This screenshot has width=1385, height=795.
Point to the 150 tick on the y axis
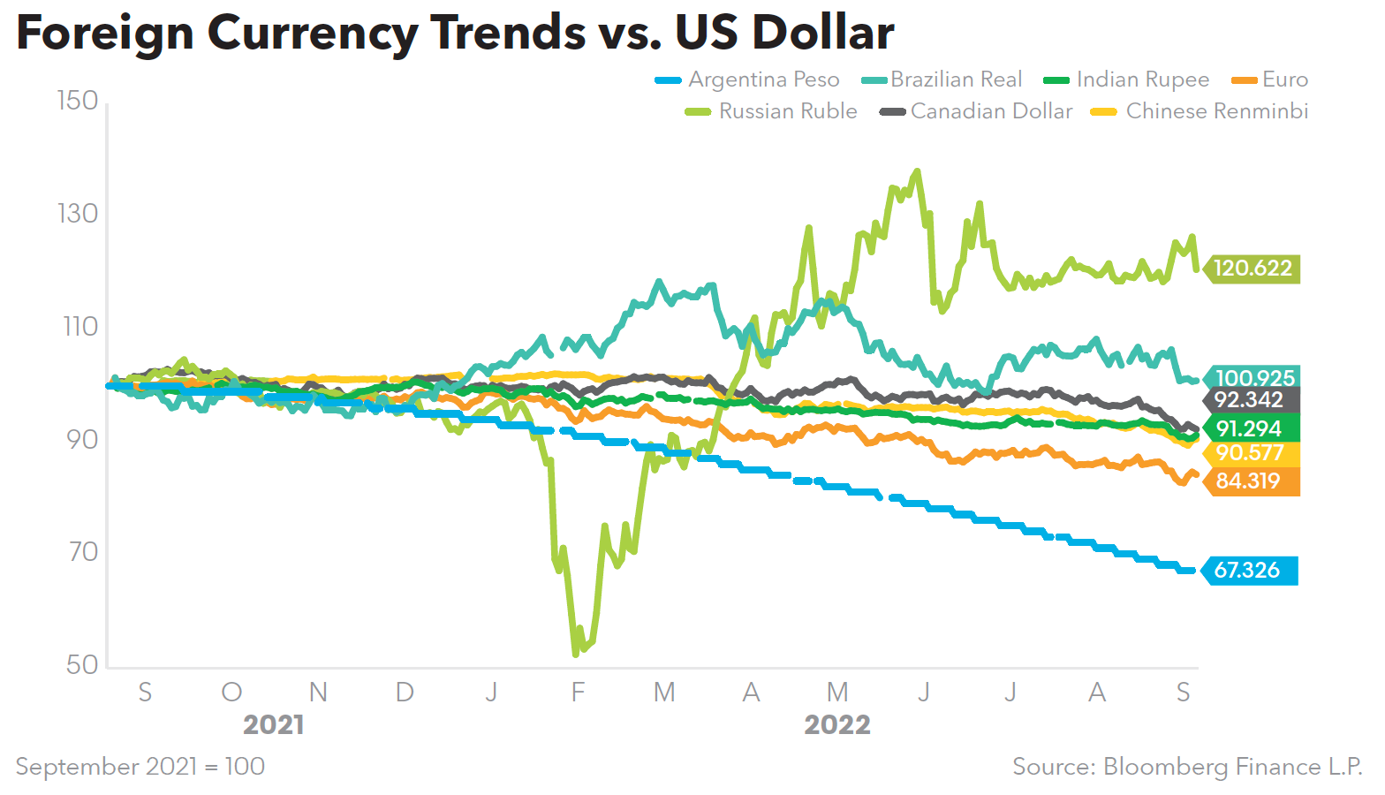(78, 101)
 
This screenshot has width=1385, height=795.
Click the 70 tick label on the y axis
(81, 552)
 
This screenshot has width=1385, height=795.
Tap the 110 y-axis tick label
(79, 327)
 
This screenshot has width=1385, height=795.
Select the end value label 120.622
(1253, 268)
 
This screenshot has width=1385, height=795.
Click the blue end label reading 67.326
(1247, 571)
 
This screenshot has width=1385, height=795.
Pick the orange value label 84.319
(1248, 481)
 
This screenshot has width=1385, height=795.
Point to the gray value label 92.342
(1248, 399)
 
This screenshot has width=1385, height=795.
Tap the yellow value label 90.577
(1249, 453)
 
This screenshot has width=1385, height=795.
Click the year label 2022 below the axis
(837, 725)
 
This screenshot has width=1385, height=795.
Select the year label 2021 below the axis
(274, 725)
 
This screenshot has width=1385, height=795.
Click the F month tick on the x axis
(578, 693)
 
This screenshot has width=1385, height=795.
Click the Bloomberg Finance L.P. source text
(1232, 767)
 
